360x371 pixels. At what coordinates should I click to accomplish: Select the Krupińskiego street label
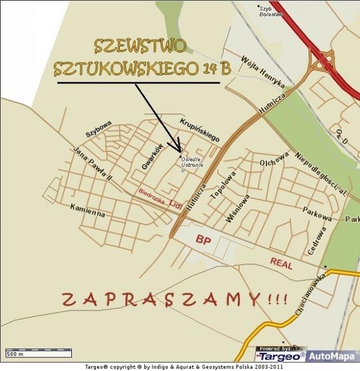[200, 130]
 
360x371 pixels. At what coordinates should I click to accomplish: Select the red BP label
[204, 240]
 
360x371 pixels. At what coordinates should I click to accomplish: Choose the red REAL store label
[281, 263]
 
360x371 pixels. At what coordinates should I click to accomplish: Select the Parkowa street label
[317, 214]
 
